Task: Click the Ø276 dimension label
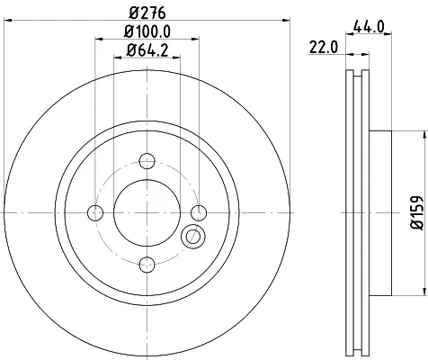(147, 13)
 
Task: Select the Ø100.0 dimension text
(147, 31)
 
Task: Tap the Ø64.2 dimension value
(147, 49)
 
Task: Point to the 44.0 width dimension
(369, 27)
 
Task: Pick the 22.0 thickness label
(324, 48)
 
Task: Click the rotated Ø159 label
(416, 213)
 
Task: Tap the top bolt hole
(147, 161)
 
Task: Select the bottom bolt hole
(147, 265)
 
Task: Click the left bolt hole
(95, 213)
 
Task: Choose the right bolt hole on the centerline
(199, 213)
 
